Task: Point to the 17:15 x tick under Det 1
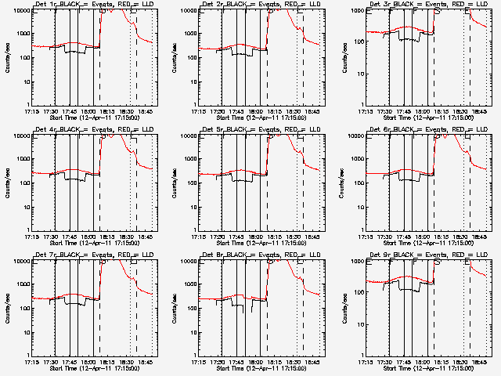pyautogui.click(x=31, y=111)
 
